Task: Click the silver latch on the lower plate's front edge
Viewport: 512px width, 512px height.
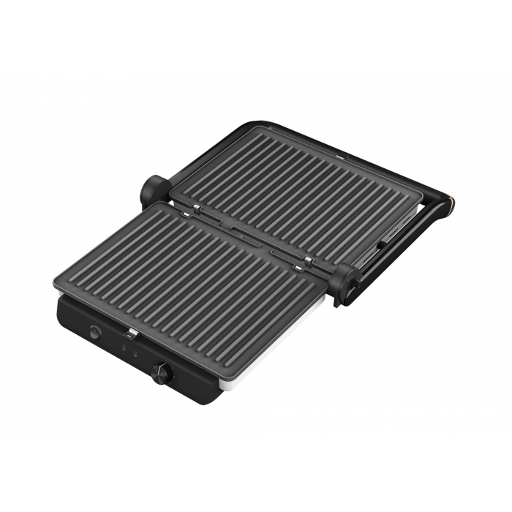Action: [132, 334]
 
